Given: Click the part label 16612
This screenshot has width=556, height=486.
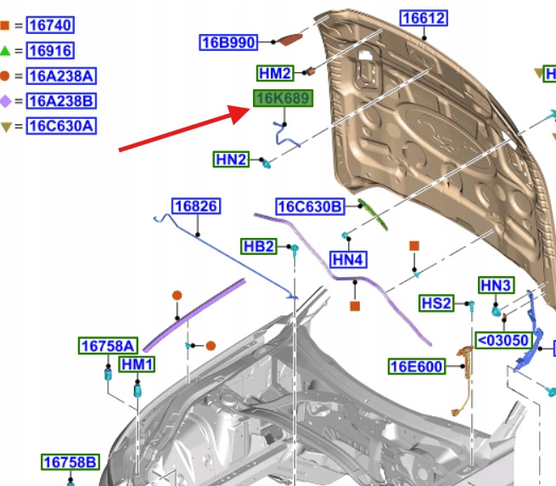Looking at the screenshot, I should coord(424,19).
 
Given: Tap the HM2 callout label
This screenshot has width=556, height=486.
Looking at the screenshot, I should coord(276,74).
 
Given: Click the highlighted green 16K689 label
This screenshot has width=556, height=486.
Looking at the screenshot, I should coord(283,99).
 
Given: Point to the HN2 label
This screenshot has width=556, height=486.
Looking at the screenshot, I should coord(231,159).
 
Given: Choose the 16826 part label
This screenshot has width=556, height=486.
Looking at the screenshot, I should coord(196,206).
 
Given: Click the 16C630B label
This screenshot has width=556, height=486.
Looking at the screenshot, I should coord(309,206).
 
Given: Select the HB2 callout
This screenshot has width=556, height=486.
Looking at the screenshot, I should coord(259,246).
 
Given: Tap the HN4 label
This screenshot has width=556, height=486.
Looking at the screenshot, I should coord(348,260).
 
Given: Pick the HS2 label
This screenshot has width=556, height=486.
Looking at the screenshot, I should coord(437,303).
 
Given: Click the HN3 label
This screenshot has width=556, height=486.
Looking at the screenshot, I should coord(496,286).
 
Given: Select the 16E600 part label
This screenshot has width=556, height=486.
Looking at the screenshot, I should coord(416,367).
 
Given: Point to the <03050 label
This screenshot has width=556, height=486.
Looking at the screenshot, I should coord(503,341).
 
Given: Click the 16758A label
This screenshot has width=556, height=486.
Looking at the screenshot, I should coord(108,346).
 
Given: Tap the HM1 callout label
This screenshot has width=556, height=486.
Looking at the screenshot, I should coord(137,364).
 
